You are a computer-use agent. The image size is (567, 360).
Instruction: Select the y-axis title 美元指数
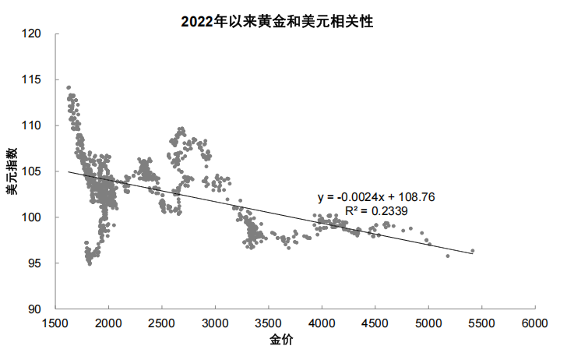[13, 171]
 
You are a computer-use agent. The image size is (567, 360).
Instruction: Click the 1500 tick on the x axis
[55, 323]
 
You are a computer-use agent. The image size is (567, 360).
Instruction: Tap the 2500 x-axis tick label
[162, 323]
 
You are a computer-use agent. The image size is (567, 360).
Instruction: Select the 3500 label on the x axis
[269, 323]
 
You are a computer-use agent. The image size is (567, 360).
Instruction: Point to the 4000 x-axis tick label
[322, 323]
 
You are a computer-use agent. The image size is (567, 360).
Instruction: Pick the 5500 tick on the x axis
[481, 323]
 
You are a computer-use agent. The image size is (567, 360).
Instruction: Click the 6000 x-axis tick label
[534, 323]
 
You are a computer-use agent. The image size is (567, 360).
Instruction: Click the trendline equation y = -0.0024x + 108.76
[376, 198]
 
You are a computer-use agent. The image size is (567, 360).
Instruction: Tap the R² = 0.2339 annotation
[376, 210]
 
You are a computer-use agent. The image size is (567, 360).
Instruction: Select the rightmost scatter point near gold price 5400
[473, 251]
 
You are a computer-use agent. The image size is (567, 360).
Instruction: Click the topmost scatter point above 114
[69, 87]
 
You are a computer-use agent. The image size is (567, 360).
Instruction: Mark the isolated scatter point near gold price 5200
[448, 256]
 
